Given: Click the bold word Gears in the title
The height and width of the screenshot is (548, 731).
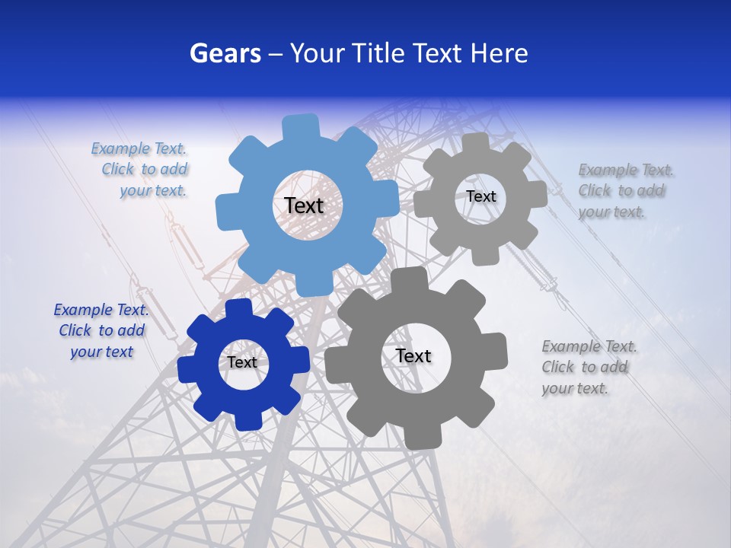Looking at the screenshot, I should [x=225, y=53].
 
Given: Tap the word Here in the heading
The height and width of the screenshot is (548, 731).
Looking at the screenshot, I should [x=499, y=53].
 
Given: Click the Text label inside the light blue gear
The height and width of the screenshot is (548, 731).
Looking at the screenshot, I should [x=304, y=205].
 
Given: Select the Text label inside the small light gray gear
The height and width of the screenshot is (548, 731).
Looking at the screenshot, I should [x=480, y=196].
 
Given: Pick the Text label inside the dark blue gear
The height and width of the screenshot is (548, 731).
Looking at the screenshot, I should [x=242, y=362].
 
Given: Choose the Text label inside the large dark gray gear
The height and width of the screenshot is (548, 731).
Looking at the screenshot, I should [x=413, y=355].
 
